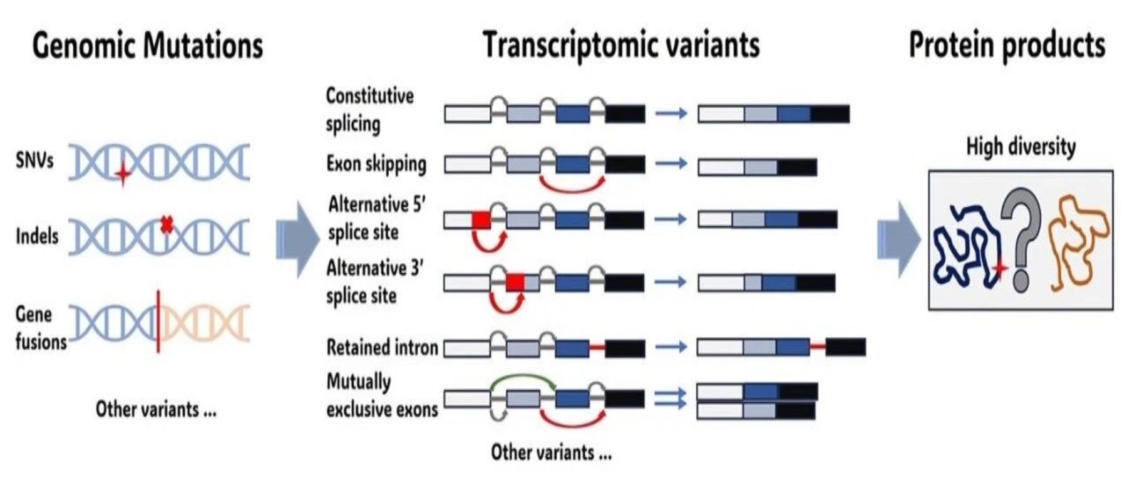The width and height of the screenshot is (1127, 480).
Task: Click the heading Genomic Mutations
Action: pyautogui.click(x=147, y=46)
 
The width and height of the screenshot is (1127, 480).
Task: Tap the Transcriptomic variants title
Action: pyautogui.click(x=621, y=46)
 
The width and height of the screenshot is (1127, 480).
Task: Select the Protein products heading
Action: pyautogui.click(x=1007, y=46)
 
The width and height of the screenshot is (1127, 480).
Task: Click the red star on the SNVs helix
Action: pyautogui.click(x=123, y=174)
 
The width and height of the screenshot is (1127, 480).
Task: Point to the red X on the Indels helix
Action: pyautogui.click(x=166, y=224)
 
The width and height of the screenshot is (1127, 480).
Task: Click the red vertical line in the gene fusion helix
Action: pyautogui.click(x=158, y=321)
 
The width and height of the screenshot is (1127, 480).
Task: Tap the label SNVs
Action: pyautogui.click(x=34, y=160)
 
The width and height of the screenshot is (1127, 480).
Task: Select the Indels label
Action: pyautogui.click(x=37, y=236)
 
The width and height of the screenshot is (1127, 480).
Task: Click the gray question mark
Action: pyautogui.click(x=1021, y=241)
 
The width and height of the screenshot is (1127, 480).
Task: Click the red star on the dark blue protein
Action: pyautogui.click(x=999, y=269)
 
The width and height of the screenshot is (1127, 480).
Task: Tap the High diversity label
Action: pyautogui.click(x=1021, y=147)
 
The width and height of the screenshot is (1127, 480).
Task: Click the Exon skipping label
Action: pyautogui.click(x=376, y=164)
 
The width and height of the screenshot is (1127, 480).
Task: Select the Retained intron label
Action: pyautogui.click(x=382, y=347)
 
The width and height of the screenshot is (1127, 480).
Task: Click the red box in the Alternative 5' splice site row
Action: pyautogui.click(x=481, y=220)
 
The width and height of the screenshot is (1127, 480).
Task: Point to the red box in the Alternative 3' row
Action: pyautogui.click(x=515, y=282)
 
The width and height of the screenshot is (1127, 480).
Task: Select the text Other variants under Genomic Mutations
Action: pyautogui.click(x=156, y=409)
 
